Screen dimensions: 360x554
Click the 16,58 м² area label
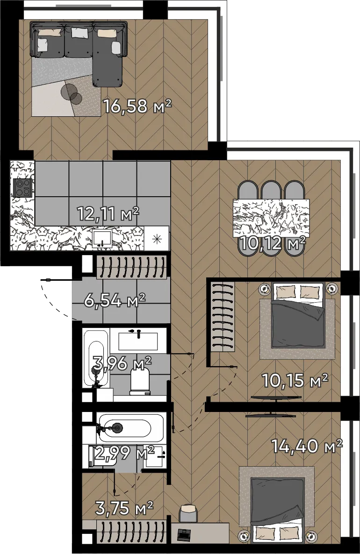tap(137, 106)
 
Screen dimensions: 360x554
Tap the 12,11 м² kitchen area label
tap(108, 214)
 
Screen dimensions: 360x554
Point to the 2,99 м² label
tap(124, 453)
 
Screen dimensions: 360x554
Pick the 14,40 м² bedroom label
tap(307, 446)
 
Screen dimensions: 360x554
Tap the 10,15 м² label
tap(295, 380)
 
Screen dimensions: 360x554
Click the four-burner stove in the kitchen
tap(22, 187)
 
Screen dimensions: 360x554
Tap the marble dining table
tap(271, 218)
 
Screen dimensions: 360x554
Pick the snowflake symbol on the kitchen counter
tap(157, 239)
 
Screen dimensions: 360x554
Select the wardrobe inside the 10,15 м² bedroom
tap(223, 317)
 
